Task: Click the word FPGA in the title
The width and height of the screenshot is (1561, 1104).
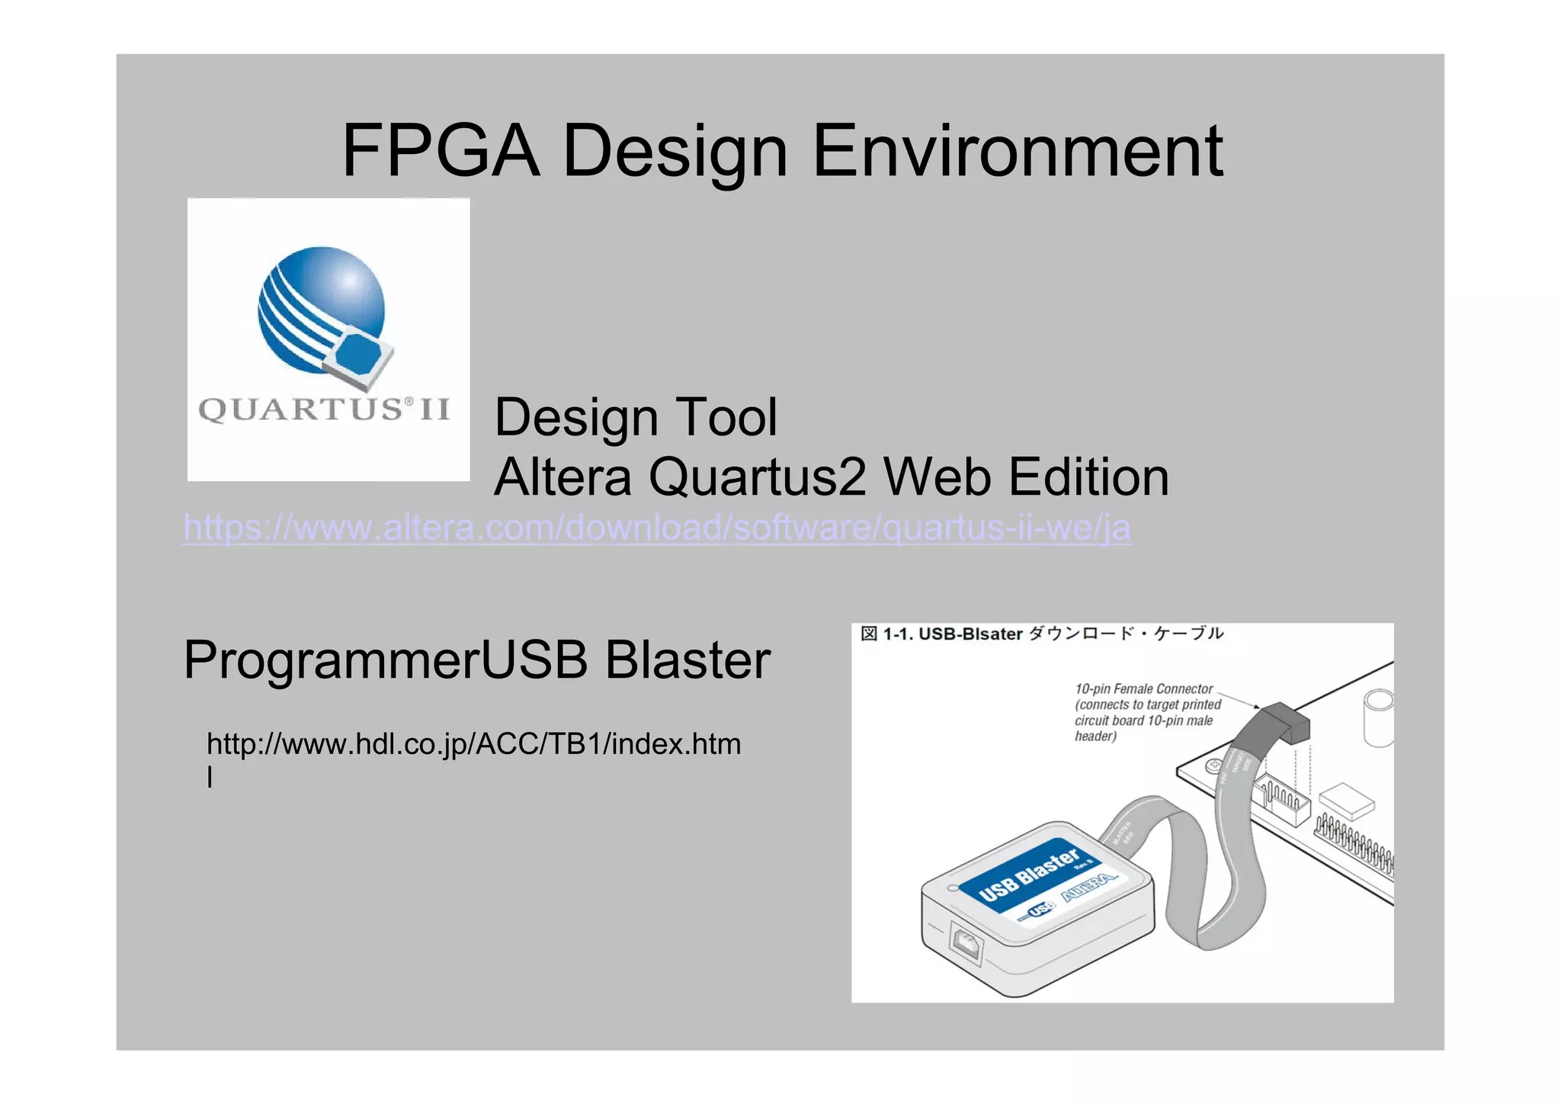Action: pyautogui.click(x=441, y=151)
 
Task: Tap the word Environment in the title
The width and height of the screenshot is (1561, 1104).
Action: pyautogui.click(x=1018, y=151)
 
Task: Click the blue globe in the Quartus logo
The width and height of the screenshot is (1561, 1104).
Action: pyautogui.click(x=321, y=309)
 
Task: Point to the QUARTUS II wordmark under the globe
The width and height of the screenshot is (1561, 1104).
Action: pyautogui.click(x=324, y=409)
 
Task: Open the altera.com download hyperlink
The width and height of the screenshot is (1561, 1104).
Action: pyautogui.click(x=657, y=528)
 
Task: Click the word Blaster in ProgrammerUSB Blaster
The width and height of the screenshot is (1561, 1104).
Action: pyautogui.click(x=688, y=660)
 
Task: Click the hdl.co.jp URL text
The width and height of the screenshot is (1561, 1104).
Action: pyautogui.click(x=473, y=745)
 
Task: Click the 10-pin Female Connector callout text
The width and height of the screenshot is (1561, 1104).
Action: pyautogui.click(x=1147, y=712)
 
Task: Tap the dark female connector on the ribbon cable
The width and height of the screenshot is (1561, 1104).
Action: pyautogui.click(x=1285, y=724)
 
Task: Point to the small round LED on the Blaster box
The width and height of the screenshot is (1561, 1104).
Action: pyautogui.click(x=952, y=888)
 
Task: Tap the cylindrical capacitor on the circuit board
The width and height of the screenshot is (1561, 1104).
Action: pyautogui.click(x=1378, y=717)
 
